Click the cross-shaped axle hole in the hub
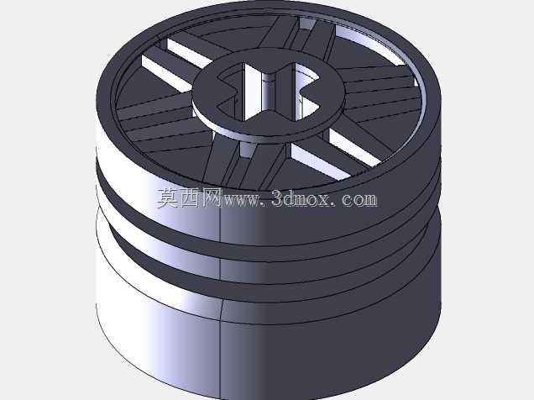point(269,92)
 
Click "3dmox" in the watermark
point(301,198)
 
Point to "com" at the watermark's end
point(359,199)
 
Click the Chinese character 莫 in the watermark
point(168,197)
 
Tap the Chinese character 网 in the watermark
point(212,197)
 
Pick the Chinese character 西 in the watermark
point(190,197)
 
